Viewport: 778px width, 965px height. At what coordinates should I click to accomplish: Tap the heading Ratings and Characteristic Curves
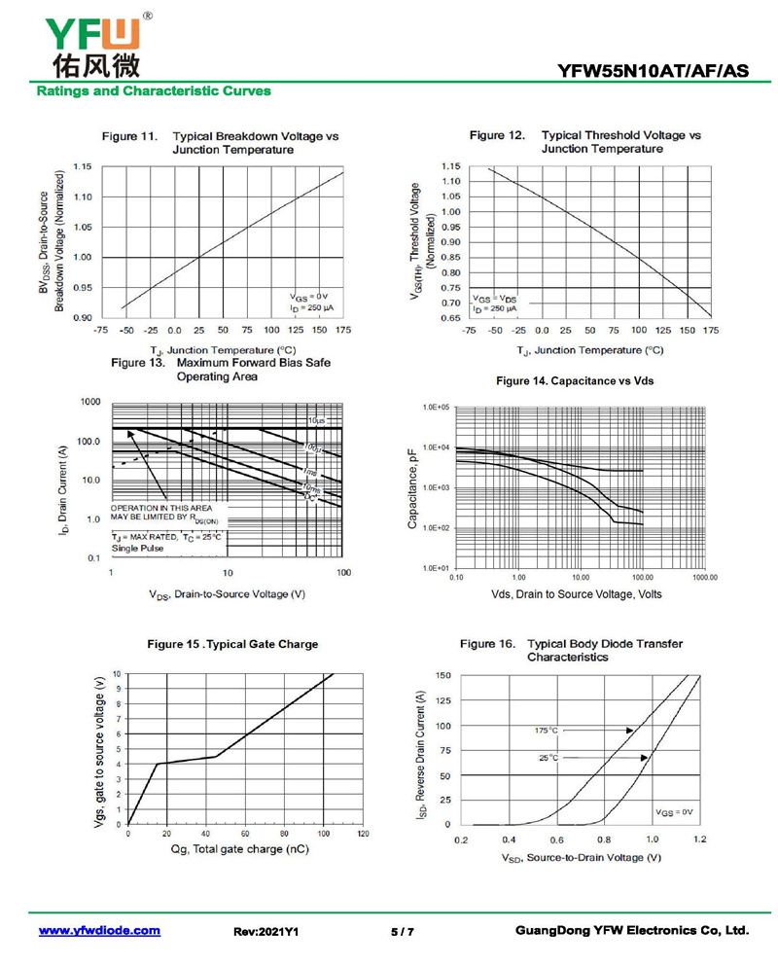(x=154, y=91)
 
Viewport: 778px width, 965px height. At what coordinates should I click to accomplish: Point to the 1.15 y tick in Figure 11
(x=82, y=167)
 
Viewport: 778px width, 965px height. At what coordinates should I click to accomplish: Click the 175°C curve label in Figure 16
(x=547, y=730)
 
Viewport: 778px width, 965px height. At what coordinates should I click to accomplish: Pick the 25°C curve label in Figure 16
(x=548, y=758)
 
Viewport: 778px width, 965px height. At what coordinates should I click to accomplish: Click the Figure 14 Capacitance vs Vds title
(x=575, y=381)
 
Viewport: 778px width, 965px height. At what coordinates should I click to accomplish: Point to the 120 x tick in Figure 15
(x=363, y=835)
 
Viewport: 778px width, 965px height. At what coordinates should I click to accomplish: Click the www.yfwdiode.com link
(x=99, y=931)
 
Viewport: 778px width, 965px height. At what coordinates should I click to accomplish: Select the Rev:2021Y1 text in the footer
(x=265, y=932)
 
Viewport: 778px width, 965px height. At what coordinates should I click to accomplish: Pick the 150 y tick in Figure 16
(x=442, y=675)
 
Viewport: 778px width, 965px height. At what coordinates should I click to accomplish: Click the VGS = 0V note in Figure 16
(x=673, y=811)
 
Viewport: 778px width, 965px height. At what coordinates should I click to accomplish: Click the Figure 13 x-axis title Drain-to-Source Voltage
(x=228, y=593)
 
